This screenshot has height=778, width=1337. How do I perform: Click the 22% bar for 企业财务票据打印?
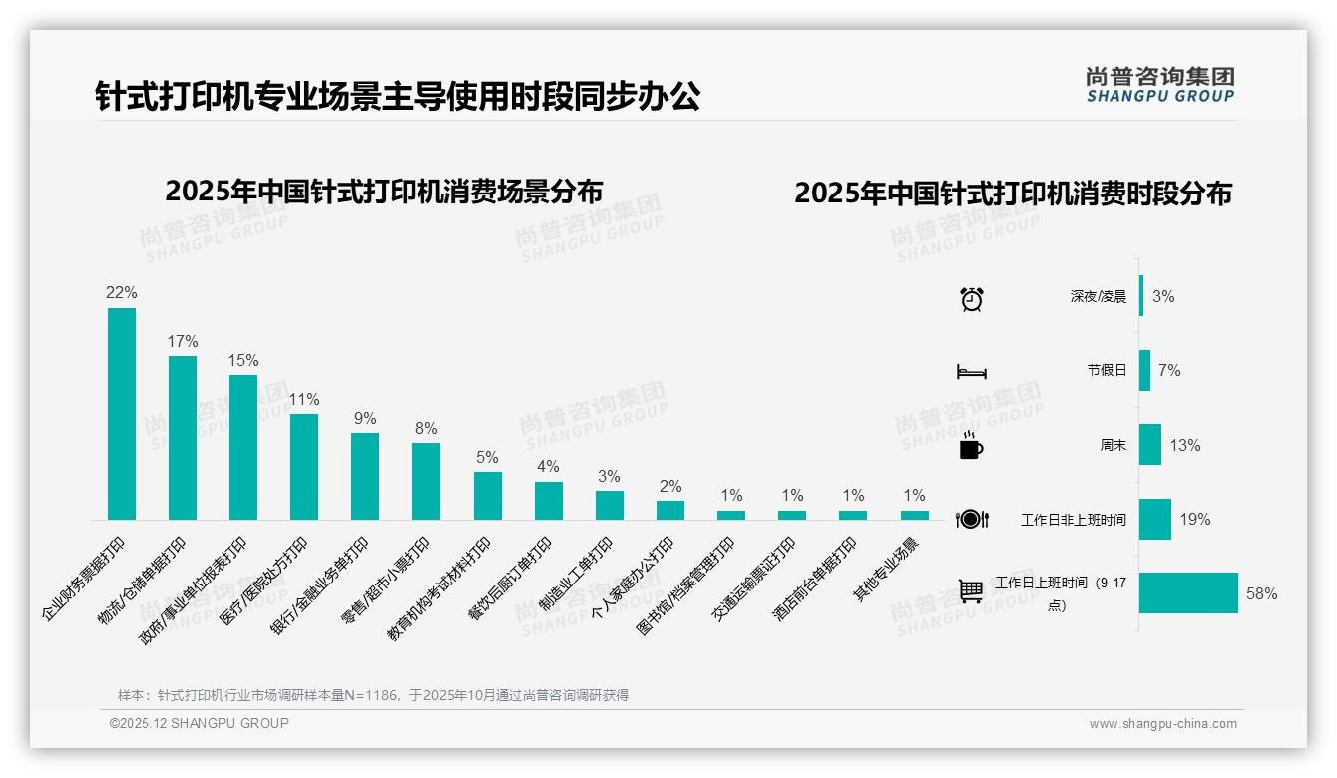[x=122, y=414]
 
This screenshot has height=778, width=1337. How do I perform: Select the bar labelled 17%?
[x=183, y=437]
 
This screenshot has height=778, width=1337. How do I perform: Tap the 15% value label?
[x=243, y=360]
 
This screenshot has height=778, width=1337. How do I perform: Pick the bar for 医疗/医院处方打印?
[x=304, y=466]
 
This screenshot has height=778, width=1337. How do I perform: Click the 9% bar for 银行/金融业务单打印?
[x=365, y=476]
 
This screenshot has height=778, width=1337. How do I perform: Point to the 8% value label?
[x=426, y=428]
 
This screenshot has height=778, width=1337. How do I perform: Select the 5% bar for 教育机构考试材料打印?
[x=487, y=495]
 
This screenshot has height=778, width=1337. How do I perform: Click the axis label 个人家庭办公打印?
[x=635, y=578]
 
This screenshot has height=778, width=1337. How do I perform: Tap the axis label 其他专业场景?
[x=888, y=569]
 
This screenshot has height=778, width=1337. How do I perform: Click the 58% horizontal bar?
[x=1187, y=592]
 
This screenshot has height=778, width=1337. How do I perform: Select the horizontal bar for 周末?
[x=1149, y=445]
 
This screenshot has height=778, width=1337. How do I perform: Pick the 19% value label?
[x=1194, y=519]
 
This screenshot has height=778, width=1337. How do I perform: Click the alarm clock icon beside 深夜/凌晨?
[x=971, y=298]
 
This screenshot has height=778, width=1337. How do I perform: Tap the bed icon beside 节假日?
[x=971, y=371]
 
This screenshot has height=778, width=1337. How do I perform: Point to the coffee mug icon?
[x=971, y=446]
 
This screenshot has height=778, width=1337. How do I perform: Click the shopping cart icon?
[x=971, y=591]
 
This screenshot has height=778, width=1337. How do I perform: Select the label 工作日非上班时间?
[x=1074, y=520]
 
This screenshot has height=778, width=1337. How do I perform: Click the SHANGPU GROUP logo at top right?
[x=1159, y=85]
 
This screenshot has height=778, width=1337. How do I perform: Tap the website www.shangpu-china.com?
[x=1162, y=724]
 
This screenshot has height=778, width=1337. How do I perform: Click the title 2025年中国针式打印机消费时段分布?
[x=1013, y=193]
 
